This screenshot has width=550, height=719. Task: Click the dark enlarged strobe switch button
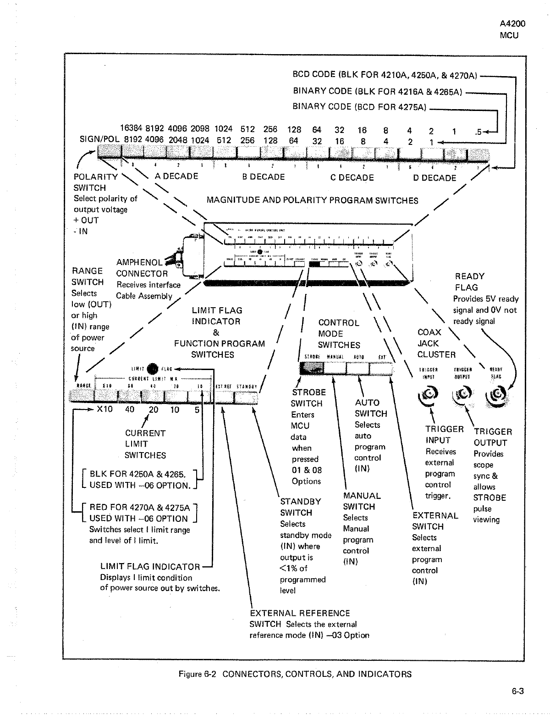click(312, 367)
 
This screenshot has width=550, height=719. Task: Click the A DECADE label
click(176, 177)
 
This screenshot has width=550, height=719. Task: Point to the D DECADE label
click(434, 178)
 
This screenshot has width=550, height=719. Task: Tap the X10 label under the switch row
click(105, 409)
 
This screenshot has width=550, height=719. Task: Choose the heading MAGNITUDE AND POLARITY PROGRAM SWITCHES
click(312, 200)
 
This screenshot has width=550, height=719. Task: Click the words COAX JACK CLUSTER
click(436, 343)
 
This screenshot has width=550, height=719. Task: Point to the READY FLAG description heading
click(469, 282)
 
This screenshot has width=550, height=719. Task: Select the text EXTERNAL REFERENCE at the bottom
click(300, 613)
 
